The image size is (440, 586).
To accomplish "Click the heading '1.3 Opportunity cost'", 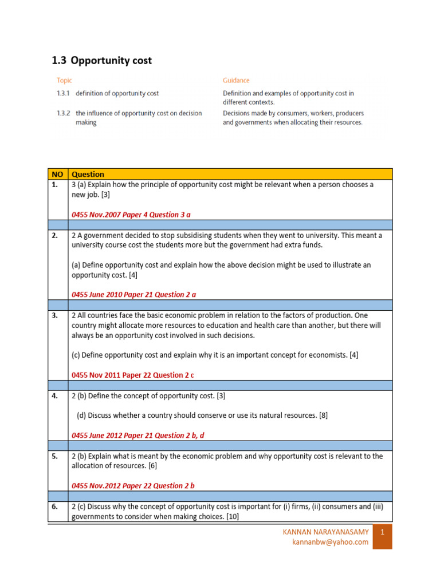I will [x=102, y=60].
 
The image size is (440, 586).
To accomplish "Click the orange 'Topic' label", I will [x=64, y=81].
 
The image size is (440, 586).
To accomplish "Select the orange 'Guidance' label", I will [x=236, y=81].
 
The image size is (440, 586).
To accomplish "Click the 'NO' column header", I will [x=57, y=174].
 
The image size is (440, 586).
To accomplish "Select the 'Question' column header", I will [x=88, y=174].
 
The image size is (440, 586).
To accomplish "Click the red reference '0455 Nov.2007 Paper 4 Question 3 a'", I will [x=131, y=214].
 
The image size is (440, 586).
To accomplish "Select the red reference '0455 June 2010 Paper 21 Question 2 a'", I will [x=133, y=294].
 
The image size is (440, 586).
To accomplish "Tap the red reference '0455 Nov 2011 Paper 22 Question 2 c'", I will [x=133, y=375].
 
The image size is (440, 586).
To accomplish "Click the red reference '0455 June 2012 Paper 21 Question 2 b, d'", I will [x=137, y=435].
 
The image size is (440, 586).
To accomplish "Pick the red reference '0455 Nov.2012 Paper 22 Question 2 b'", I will [x=133, y=485].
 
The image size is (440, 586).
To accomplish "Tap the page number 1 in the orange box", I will [x=382, y=532].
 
